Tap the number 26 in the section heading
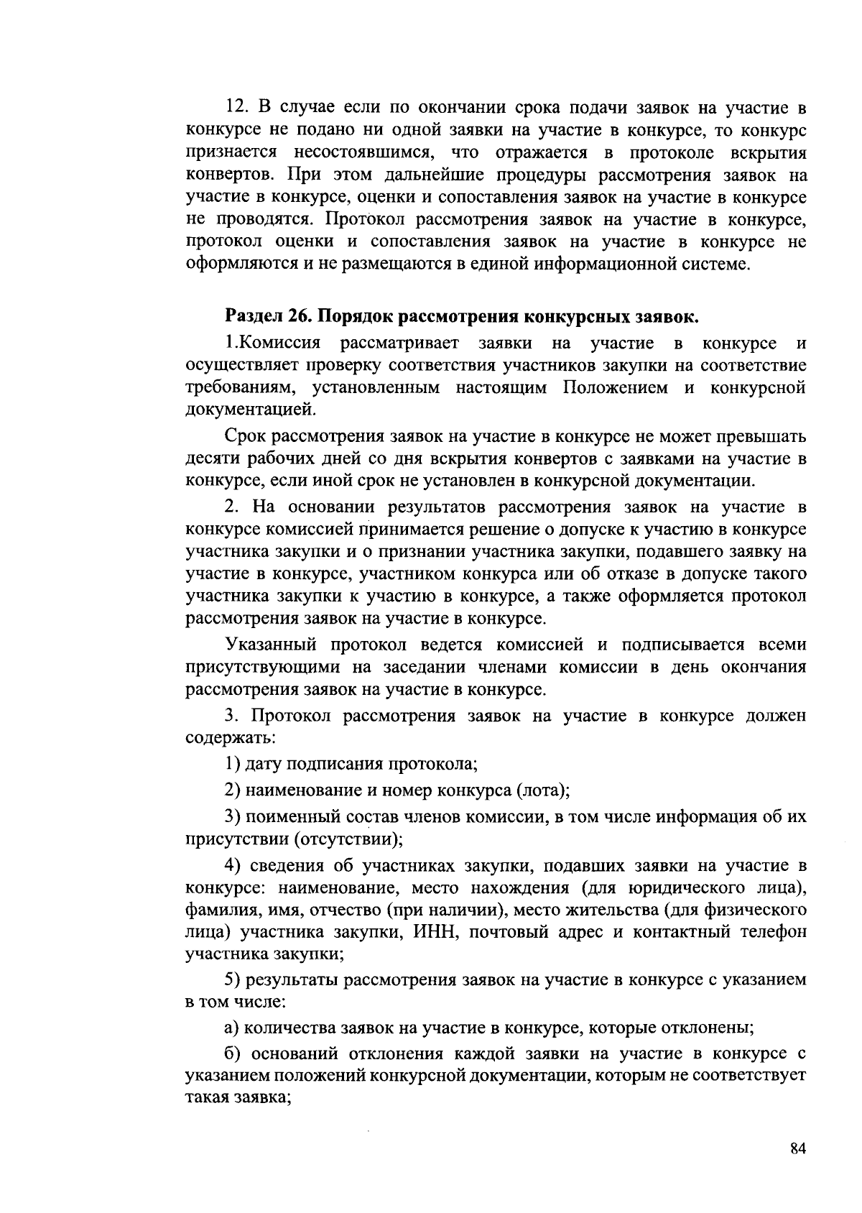pos(300,317)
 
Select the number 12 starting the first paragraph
pos(236,109)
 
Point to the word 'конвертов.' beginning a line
pos(229,175)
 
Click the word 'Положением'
pos(614,388)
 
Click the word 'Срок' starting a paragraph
pos(247,437)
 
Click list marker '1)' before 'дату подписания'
pos(231,765)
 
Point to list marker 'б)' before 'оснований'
pos(231,1054)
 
